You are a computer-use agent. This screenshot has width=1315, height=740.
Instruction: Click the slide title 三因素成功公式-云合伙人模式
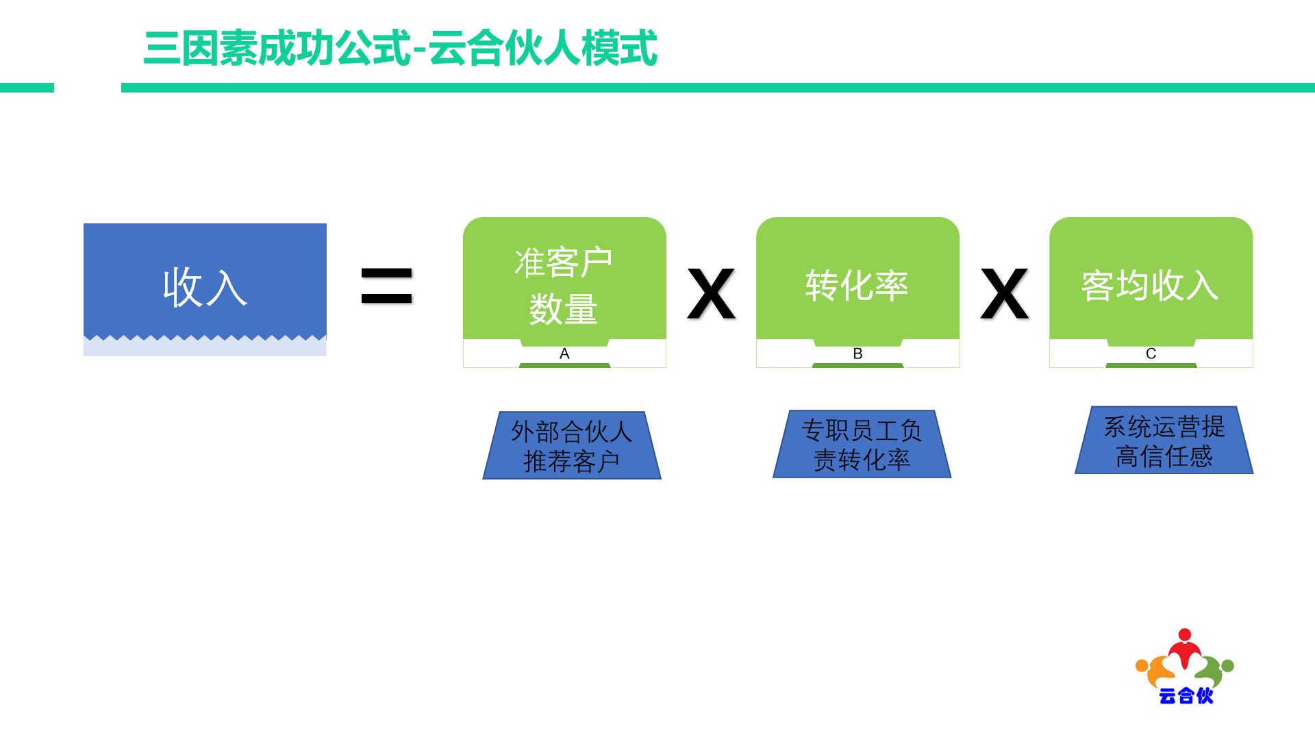401,48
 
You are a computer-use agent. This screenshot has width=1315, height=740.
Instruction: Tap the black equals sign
387,286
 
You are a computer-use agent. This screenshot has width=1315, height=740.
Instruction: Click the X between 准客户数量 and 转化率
712,294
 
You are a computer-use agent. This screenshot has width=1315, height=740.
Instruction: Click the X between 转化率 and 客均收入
1005,294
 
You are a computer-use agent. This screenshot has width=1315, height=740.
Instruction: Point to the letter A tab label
564,354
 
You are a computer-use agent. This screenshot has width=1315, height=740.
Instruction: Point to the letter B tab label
857,354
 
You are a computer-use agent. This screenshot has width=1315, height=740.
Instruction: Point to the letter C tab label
1151,354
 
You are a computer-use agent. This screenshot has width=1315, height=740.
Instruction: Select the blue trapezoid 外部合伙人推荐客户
572,445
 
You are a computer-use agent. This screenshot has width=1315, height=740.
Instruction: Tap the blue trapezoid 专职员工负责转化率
862,444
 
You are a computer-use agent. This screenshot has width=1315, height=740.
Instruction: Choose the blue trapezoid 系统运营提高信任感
1164,440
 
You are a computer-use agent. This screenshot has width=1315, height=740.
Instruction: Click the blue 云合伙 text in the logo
1186,695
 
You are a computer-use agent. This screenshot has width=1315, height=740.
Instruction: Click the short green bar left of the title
27,88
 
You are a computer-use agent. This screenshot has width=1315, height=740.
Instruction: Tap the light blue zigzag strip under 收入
205,346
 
